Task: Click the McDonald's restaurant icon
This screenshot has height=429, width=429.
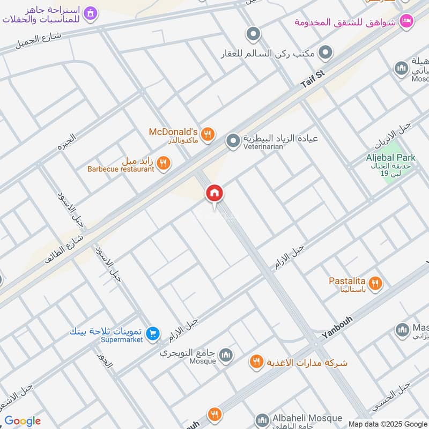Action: (x=209, y=134)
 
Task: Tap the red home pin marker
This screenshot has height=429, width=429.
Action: (x=214, y=194)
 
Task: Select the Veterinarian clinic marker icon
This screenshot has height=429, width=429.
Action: (x=233, y=142)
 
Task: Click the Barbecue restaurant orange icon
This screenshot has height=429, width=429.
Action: (x=165, y=163)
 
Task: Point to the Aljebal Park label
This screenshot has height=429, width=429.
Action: (x=391, y=157)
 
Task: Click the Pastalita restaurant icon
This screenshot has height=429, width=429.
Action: (x=376, y=284)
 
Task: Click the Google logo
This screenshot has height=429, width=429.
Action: (x=23, y=421)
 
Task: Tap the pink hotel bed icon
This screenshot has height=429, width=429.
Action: (x=406, y=21)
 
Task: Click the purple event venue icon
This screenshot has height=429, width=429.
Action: (x=91, y=12)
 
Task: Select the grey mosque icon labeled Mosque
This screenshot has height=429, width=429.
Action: (x=226, y=355)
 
